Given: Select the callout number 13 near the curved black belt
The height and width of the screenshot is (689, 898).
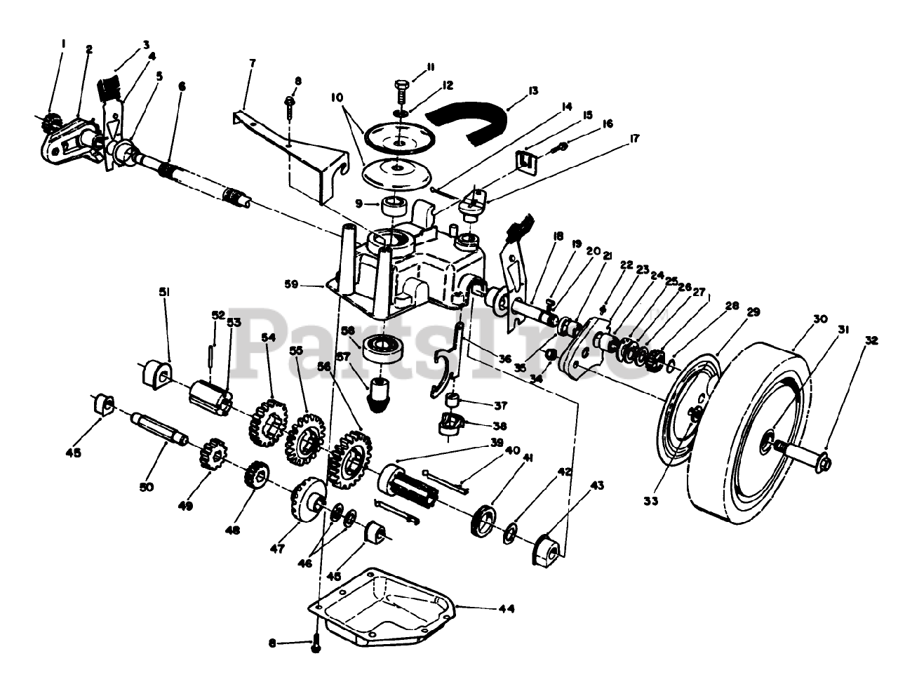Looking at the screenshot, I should (533, 91).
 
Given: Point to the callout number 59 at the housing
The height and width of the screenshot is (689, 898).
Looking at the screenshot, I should (309, 285).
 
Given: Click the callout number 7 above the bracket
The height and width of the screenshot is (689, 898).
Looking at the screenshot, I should (252, 63).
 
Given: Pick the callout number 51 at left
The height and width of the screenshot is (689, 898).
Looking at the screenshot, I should (163, 291).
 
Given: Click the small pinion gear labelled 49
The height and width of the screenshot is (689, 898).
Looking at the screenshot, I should (209, 456).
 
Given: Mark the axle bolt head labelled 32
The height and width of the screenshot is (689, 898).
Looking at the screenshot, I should (824, 462).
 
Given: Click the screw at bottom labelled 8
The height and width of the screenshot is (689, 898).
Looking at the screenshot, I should (314, 643).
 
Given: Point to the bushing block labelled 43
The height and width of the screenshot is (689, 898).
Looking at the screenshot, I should (547, 548).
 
